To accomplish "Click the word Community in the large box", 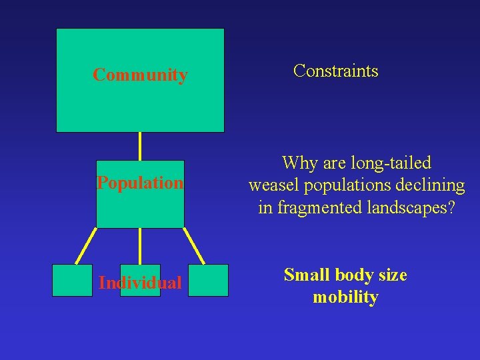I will click(x=140, y=75).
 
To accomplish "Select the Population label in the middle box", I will click(x=140, y=183).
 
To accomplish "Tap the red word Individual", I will click(x=140, y=283).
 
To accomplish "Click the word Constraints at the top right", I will click(x=335, y=71).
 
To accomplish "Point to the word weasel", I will click(x=273, y=185).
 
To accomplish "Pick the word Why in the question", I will click(x=297, y=163).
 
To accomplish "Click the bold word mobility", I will click(x=345, y=297).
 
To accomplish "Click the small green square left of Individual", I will click(x=72, y=280).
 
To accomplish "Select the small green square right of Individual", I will click(x=208, y=280).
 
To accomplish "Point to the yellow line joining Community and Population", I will click(x=140, y=146).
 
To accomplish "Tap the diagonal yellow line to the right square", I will click(x=194, y=246).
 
